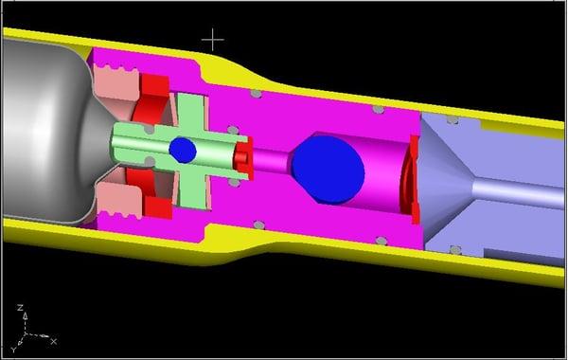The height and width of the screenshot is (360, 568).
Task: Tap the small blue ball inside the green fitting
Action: pyautogui.click(x=183, y=150)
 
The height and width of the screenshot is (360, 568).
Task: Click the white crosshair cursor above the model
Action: pyautogui.click(x=214, y=40)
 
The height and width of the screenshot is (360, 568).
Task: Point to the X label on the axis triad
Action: pyautogui.click(x=53, y=340)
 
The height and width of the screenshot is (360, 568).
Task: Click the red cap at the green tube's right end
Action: pyautogui.click(x=243, y=157)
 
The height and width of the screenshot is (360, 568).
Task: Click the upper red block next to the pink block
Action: pyautogui.click(x=151, y=95)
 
